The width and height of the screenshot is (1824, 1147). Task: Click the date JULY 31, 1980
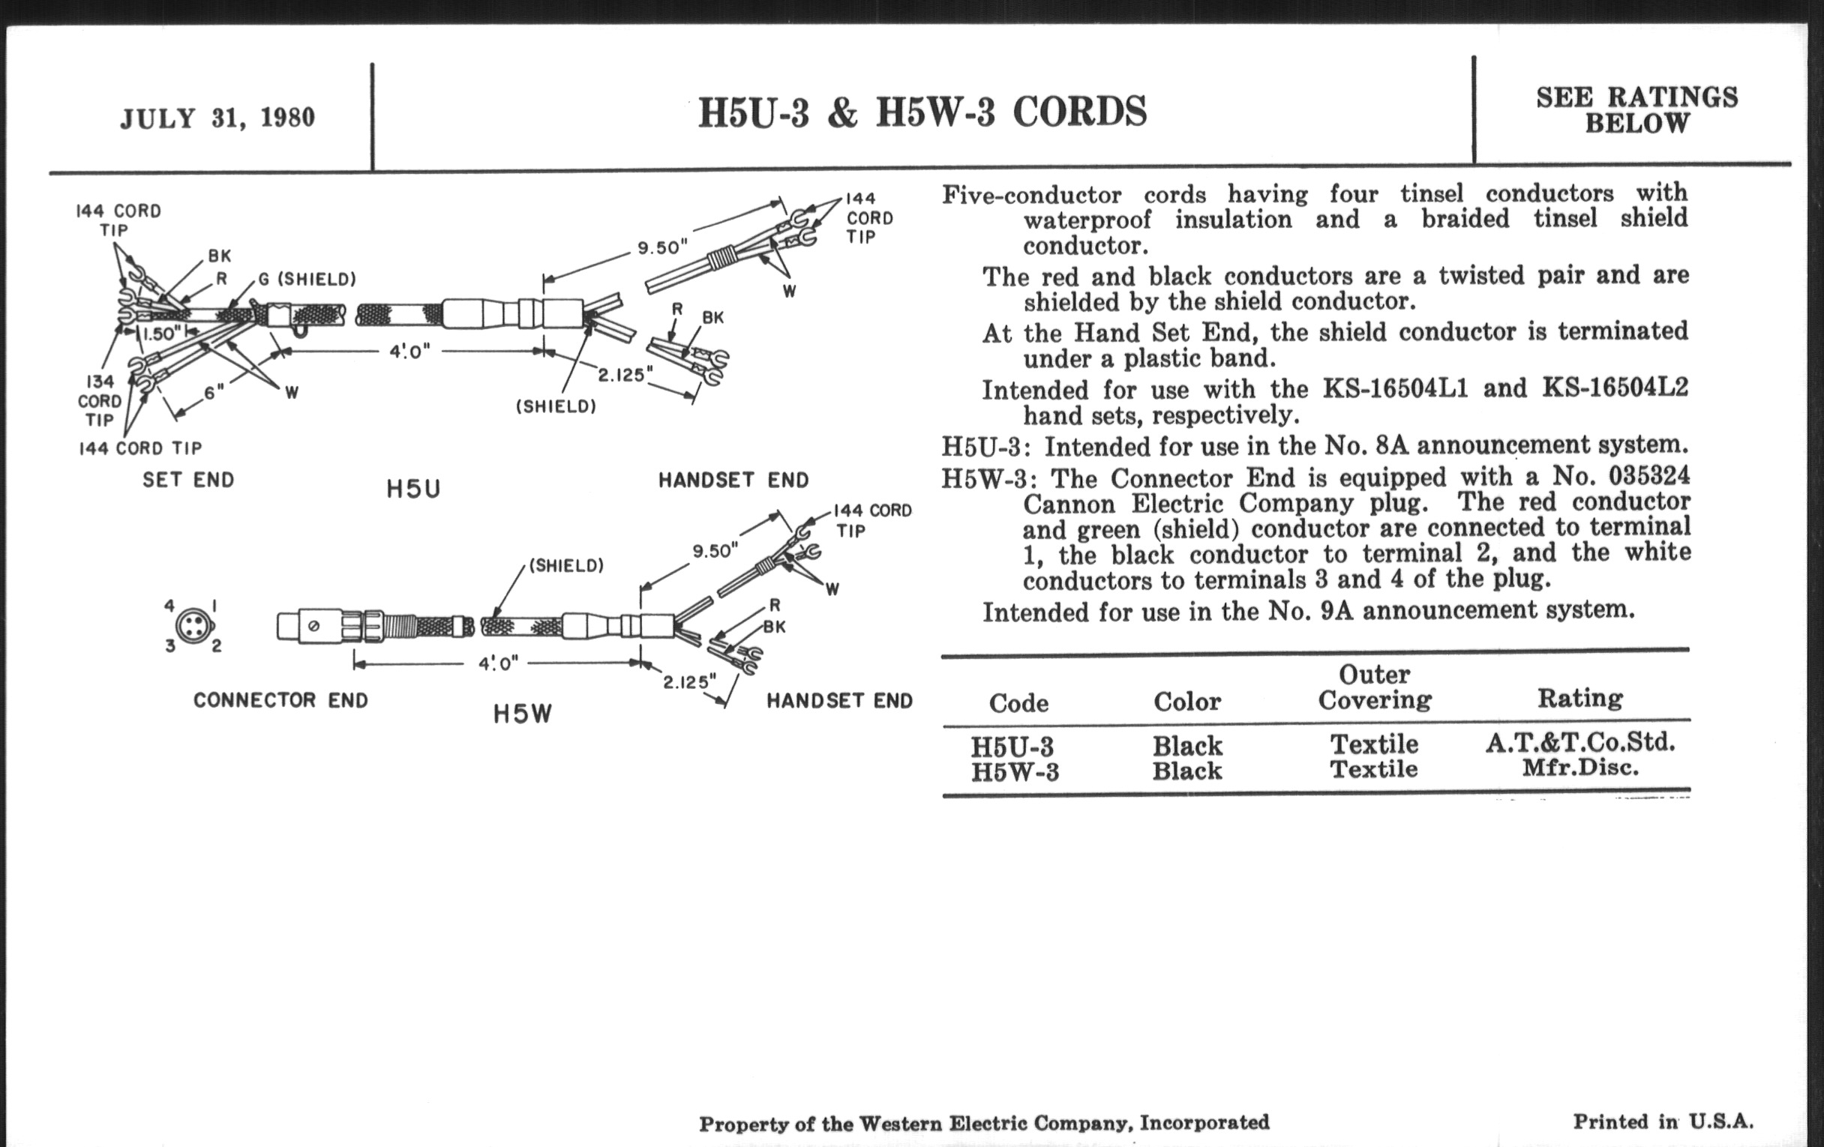[217, 118]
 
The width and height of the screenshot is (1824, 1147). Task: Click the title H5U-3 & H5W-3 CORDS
[922, 112]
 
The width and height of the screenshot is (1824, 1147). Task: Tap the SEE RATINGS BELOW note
[1637, 109]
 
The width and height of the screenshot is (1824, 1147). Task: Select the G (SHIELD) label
[307, 279]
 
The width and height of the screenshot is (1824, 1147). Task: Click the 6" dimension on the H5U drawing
[214, 392]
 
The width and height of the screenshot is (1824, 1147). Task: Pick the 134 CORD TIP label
[99, 400]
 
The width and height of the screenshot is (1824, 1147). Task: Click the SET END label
[188, 479]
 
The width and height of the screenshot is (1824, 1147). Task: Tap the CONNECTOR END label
[280, 699]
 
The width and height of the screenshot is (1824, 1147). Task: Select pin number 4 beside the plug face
[169, 606]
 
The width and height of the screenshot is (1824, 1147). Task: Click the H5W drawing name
[523, 713]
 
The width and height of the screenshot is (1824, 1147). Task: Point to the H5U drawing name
[412, 489]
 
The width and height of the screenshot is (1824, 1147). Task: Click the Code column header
[1018, 702]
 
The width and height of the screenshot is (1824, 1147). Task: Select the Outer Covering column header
[1375, 687]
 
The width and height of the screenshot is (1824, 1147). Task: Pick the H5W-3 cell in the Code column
[1015, 772]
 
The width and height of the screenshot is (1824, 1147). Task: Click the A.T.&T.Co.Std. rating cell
[1580, 742]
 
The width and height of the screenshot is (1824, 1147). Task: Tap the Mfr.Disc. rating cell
[1580, 768]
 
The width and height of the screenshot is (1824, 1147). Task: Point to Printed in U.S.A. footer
[1663, 1122]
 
